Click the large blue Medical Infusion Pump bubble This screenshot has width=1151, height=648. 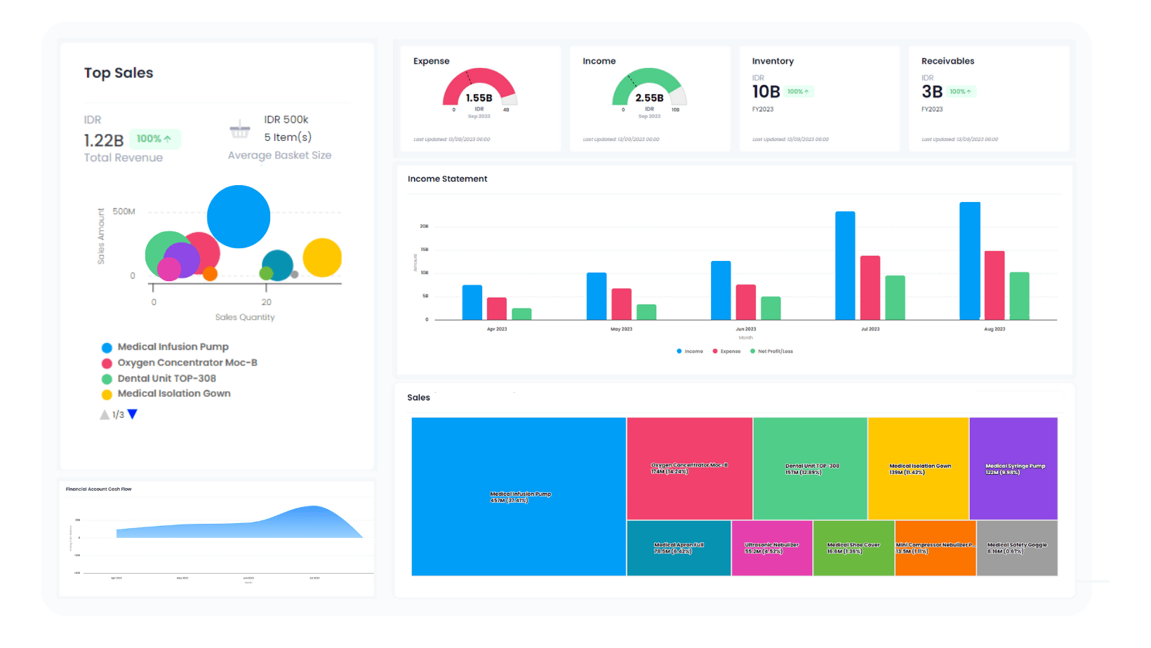(239, 217)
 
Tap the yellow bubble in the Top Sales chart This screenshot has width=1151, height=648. (322, 257)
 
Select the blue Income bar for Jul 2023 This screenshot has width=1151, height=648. (845, 266)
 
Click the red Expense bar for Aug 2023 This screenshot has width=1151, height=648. (994, 285)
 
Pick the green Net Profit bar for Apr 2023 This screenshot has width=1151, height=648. (521, 313)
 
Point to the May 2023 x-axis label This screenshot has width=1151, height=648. (621, 329)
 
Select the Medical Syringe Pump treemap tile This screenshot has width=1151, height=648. (1013, 468)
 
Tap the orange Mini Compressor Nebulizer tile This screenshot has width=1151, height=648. (935, 548)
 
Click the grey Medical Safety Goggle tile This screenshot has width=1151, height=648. (1017, 548)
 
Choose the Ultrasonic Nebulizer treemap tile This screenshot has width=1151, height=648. (771, 548)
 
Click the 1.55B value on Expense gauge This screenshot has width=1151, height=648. (479, 98)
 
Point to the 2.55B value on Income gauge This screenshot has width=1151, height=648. (649, 98)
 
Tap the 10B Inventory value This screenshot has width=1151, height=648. (766, 92)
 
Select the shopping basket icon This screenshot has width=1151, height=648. (240, 129)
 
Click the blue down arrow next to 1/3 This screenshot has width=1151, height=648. (132, 414)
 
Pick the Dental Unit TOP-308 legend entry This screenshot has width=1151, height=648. (166, 378)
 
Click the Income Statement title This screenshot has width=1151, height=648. (447, 179)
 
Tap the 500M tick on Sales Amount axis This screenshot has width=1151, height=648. (124, 211)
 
